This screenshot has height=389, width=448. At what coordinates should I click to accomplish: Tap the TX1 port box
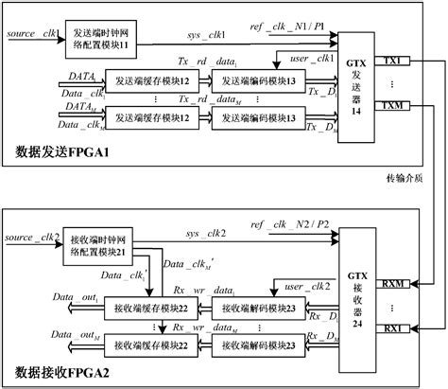391,60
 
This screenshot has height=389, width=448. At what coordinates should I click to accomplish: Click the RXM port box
391,282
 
